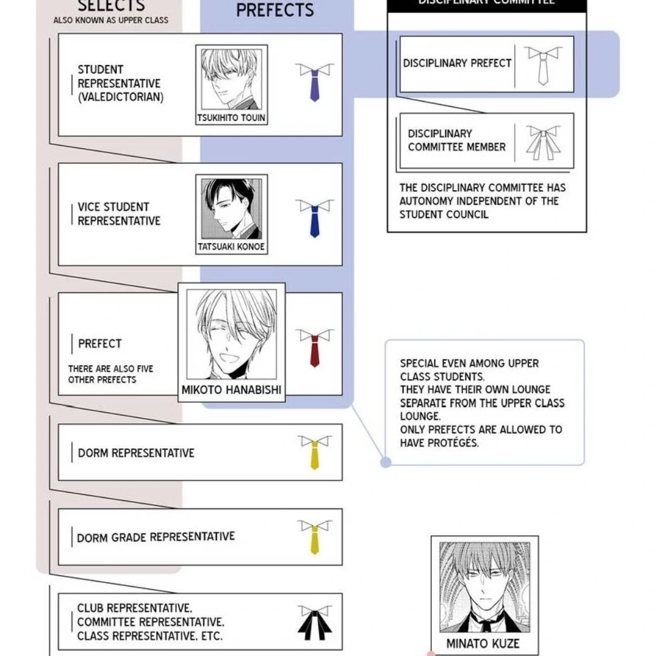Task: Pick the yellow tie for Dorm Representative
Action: pos(315,452)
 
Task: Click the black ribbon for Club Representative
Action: pos(315,622)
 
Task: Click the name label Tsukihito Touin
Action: pos(231,118)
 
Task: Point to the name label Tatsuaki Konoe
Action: pos(231,247)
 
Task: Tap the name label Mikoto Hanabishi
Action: pos(231,390)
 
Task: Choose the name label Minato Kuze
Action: pos(483,643)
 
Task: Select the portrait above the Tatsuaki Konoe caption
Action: pos(231,208)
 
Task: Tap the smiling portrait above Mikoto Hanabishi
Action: pos(231,334)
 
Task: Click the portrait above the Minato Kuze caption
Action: pos(484,587)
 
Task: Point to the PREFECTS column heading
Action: pos(275,10)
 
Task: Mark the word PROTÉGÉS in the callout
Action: pos(439,443)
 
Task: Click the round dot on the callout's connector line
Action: pos(386,463)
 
